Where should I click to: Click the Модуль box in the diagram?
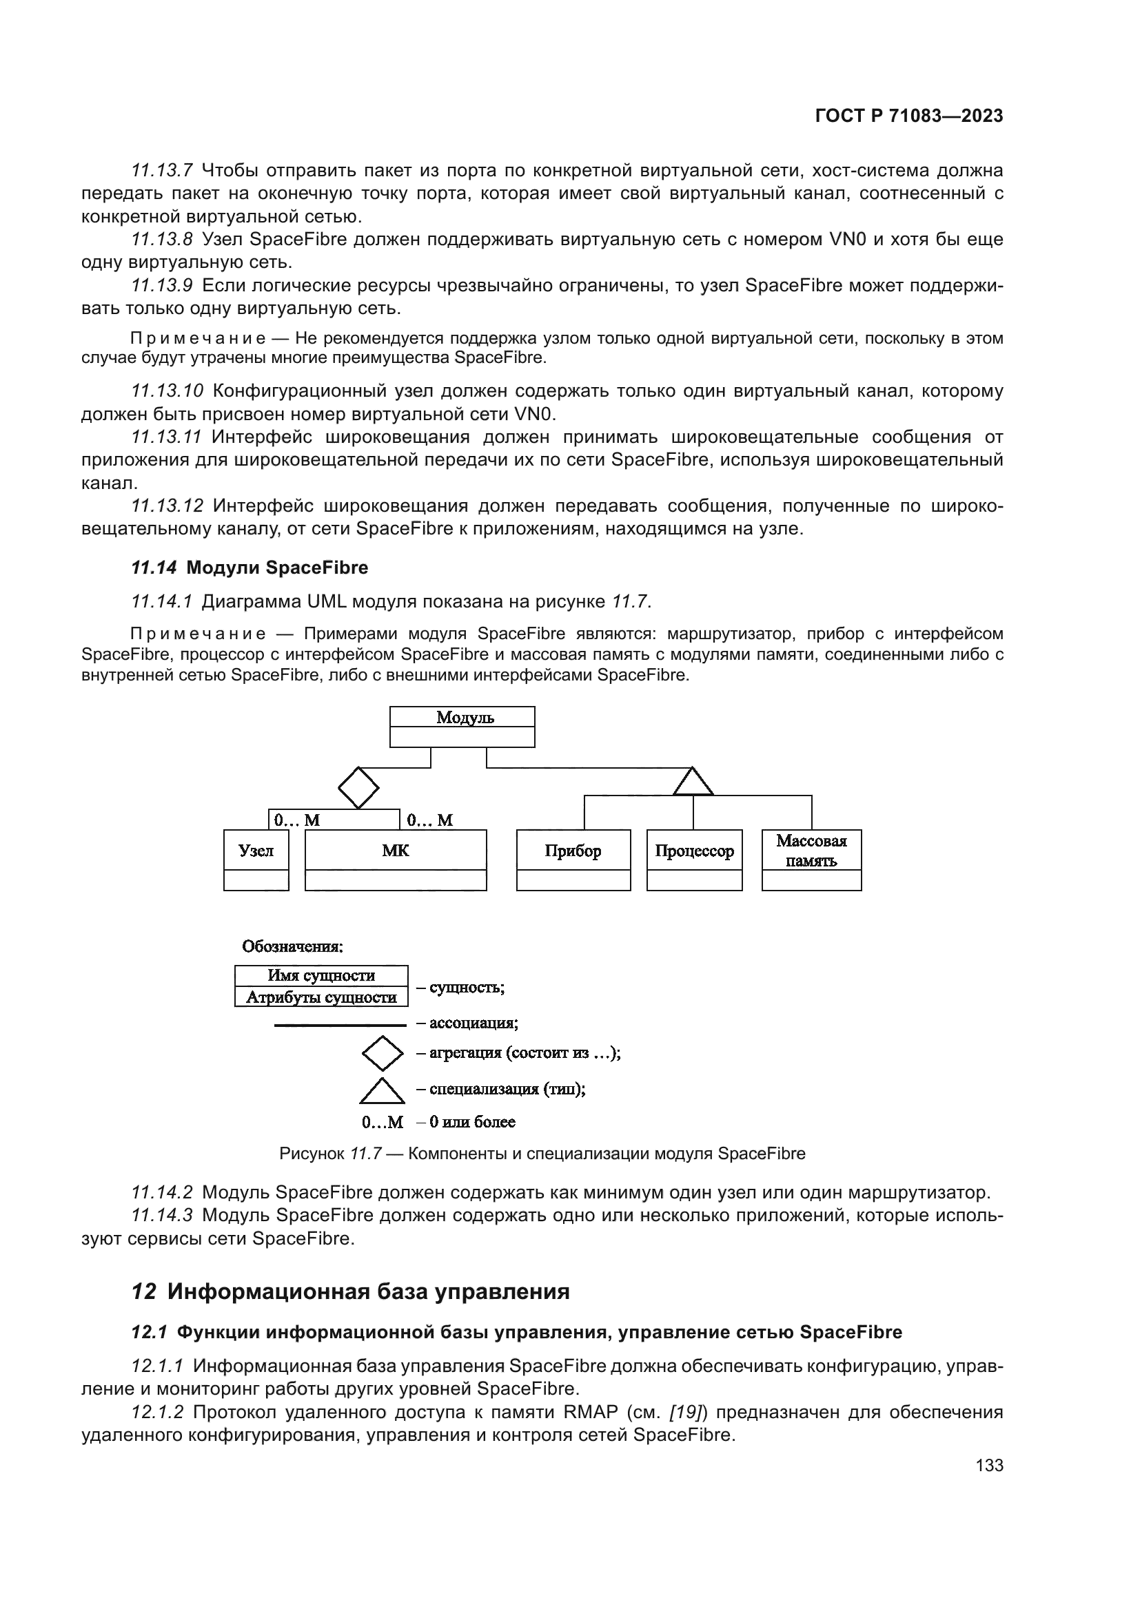[x=462, y=727]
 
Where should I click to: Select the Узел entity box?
[x=256, y=860]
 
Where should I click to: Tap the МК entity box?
[x=395, y=860]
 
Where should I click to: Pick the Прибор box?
[x=573, y=860]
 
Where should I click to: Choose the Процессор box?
[x=693, y=860]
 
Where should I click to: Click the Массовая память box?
[x=811, y=860]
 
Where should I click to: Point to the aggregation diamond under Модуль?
[x=358, y=787]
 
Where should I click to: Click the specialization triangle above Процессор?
[x=693, y=783]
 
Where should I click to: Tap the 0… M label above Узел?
[x=297, y=820]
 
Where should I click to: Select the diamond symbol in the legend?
[x=382, y=1053]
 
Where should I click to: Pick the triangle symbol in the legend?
[x=382, y=1091]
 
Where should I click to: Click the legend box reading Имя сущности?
[x=320, y=975]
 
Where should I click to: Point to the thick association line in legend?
[x=340, y=1025]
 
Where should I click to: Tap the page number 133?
[x=988, y=1465]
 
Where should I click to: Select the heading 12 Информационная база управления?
[x=350, y=1291]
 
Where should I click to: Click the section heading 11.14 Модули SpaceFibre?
[x=250, y=568]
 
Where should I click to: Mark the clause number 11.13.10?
[x=167, y=391]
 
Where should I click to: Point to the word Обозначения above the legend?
[x=292, y=946]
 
